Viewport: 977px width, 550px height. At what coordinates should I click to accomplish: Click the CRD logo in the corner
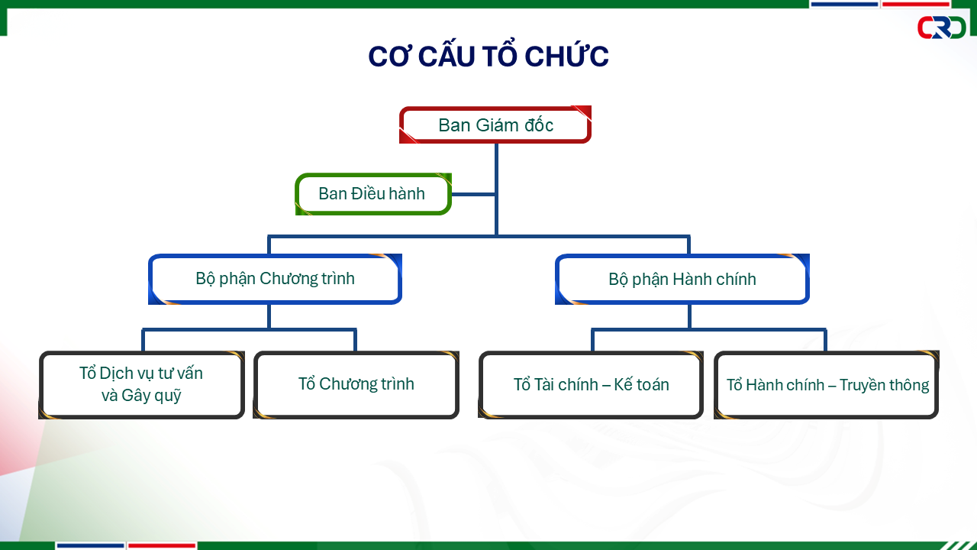pyautogui.click(x=941, y=27)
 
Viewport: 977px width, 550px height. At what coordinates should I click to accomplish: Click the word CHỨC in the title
pyautogui.click(x=566, y=57)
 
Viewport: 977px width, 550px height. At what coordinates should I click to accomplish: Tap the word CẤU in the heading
pyautogui.click(x=447, y=57)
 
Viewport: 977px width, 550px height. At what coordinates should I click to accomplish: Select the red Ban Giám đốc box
pyautogui.click(x=495, y=125)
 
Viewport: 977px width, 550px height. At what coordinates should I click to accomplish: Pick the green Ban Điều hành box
pyautogui.click(x=373, y=194)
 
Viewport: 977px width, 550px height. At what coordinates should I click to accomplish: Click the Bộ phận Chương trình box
pyautogui.click(x=276, y=279)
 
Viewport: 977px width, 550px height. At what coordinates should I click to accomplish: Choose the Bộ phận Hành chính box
pyautogui.click(x=682, y=279)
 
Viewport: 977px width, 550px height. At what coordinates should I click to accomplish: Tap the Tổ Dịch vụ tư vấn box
pyautogui.click(x=141, y=384)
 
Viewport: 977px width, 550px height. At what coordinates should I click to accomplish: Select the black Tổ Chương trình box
pyautogui.click(x=356, y=384)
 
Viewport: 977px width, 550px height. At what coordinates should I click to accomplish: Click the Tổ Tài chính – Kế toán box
pyautogui.click(x=591, y=384)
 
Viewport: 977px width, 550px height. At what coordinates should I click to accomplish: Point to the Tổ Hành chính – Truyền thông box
pyautogui.click(x=827, y=384)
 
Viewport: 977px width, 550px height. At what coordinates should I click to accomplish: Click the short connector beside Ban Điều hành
pyautogui.click(x=473, y=195)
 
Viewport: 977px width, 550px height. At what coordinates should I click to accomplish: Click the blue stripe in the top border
pyautogui.click(x=844, y=4)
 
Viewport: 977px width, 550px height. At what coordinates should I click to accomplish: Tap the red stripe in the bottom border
pyautogui.click(x=161, y=545)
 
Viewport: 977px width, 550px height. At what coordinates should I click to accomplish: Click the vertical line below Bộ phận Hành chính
pyautogui.click(x=689, y=316)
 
